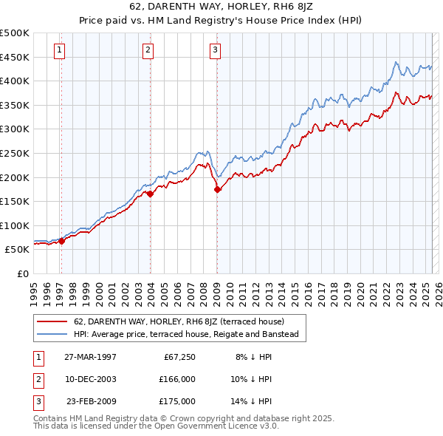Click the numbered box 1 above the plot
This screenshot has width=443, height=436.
tap(59, 50)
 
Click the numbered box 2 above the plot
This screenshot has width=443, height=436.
tap(148, 50)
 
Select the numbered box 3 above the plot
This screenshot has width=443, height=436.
tap(215, 50)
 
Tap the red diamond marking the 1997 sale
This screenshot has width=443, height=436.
tap(62, 240)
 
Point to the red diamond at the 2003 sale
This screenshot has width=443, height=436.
tap(150, 194)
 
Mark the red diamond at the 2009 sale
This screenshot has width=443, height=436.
tap(218, 190)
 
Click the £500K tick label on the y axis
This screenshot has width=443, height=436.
tap(15, 33)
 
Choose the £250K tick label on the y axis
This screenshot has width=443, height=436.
tap(15, 153)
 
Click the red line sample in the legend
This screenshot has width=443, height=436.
tap(52, 321)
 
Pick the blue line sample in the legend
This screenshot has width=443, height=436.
tap(52, 334)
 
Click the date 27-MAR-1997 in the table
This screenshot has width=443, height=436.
tap(90, 357)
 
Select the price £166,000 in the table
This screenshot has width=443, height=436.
tap(177, 379)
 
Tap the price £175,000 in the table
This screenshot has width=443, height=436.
tap(177, 401)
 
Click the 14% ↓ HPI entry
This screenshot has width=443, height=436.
tap(254, 401)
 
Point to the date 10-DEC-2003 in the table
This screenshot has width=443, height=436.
tap(90, 379)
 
